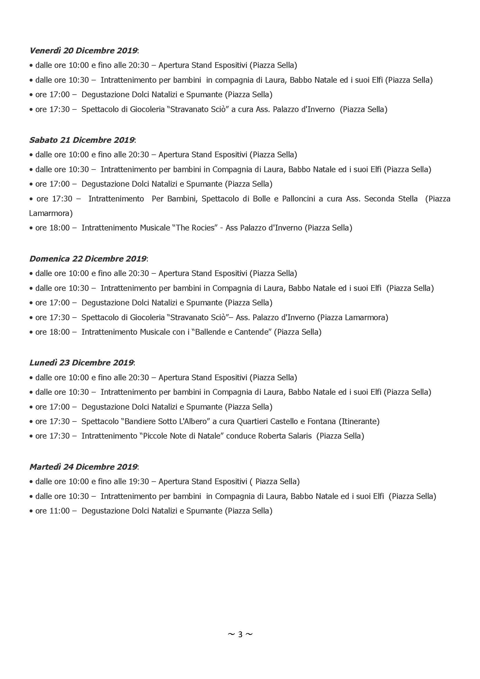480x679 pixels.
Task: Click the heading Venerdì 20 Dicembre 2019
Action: pos(84,51)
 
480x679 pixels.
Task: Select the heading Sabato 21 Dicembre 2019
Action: pos(82,140)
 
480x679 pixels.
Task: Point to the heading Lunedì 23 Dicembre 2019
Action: pos(82,363)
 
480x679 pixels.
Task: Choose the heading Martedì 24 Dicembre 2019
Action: pos(84,467)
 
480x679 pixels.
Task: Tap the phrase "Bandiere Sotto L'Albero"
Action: pos(165,421)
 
